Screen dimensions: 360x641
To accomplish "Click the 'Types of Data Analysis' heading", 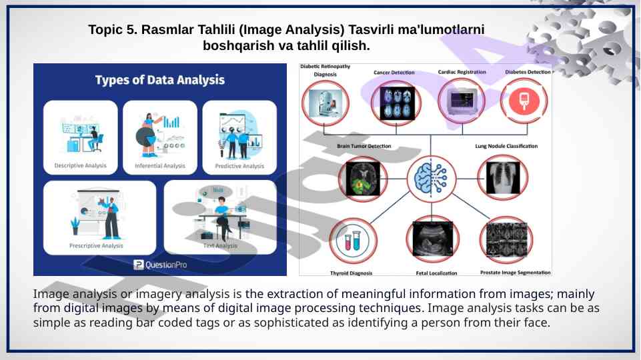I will pyautogui.click(x=159, y=80).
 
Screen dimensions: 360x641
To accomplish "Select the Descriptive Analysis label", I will pyautogui.click(x=80, y=165).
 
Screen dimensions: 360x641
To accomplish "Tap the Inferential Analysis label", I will pyautogui.click(x=160, y=165).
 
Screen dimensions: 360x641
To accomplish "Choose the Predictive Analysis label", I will pyautogui.click(x=239, y=166).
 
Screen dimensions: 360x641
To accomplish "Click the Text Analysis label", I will pyautogui.click(x=220, y=245).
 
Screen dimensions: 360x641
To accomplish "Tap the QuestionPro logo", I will pyautogui.click(x=160, y=265).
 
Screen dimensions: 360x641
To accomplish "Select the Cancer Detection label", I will pyautogui.click(x=394, y=73).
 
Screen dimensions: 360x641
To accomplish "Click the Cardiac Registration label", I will pyautogui.click(x=462, y=72).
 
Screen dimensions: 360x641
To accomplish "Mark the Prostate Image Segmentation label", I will pyautogui.click(x=516, y=273).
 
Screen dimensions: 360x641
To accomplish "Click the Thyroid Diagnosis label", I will pyautogui.click(x=352, y=273).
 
